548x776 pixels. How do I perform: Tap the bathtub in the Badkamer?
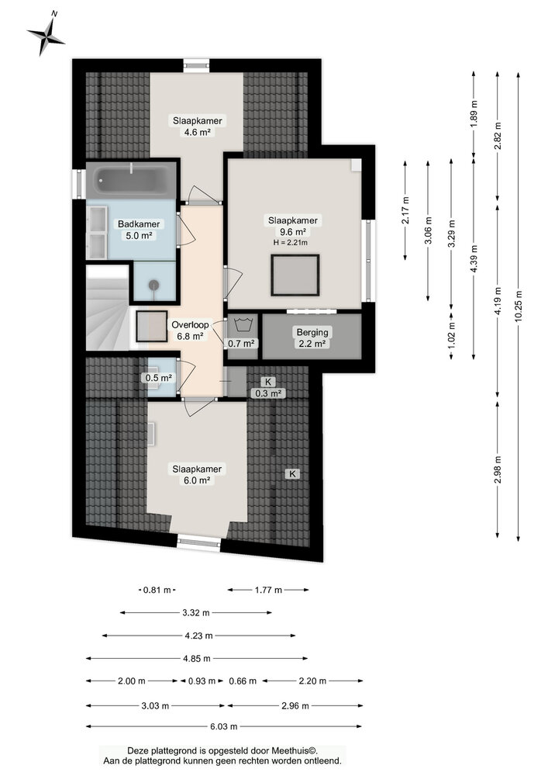[131, 181]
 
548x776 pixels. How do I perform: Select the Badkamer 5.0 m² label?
[139, 230]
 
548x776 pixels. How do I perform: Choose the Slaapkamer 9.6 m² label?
[293, 226]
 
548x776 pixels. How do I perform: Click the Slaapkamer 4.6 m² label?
[198, 126]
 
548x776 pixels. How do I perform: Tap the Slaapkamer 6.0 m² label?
[197, 474]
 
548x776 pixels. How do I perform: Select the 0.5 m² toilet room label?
[159, 378]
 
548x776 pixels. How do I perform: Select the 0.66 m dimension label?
[243, 681]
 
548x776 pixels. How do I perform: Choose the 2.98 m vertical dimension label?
[497, 470]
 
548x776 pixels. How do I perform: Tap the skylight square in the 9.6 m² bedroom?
[295, 275]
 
